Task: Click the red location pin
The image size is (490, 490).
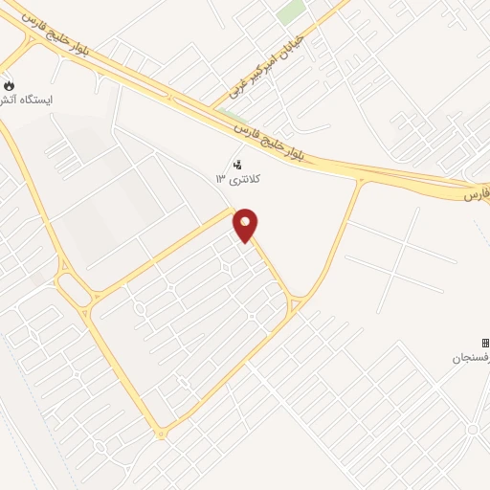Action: click(246, 226)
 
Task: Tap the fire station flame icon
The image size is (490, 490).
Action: click(10, 85)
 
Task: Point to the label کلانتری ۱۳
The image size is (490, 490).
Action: click(238, 179)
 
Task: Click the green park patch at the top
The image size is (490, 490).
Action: click(291, 12)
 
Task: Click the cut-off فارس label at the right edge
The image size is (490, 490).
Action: click(477, 194)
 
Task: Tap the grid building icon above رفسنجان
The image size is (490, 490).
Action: click(485, 343)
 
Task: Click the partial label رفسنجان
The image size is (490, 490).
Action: click(471, 358)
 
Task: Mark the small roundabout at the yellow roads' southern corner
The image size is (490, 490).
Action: click(161, 434)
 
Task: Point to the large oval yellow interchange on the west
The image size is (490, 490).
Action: click(73, 287)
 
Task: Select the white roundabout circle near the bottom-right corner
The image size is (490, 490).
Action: click(475, 429)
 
